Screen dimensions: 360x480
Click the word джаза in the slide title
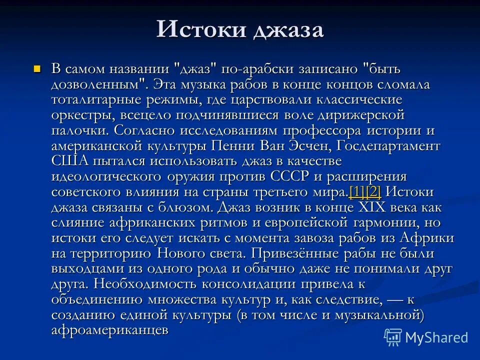coord(288,30)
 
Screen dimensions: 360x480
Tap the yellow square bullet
coord(36,68)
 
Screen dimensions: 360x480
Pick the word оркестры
coord(82,115)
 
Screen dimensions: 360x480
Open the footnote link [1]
coord(357,192)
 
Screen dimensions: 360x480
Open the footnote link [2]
coord(373,192)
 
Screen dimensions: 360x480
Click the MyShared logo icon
coord(393,337)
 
